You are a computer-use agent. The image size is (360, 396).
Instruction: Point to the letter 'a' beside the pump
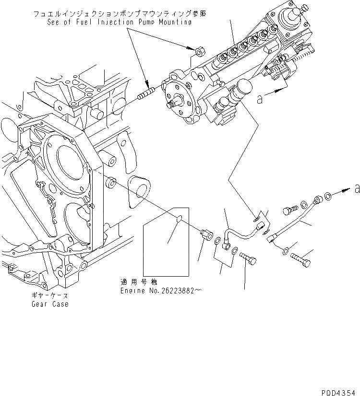pyautogui.click(x=260, y=99)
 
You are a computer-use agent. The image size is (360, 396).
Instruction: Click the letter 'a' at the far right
pyautogui.click(x=356, y=189)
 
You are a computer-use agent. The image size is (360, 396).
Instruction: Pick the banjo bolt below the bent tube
pyautogui.click(x=249, y=259)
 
